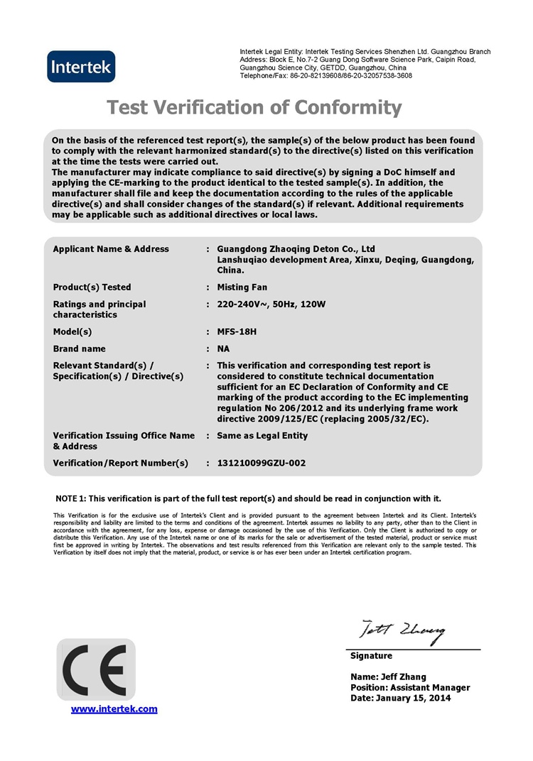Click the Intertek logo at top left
tap(80, 67)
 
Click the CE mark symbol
tap(95, 669)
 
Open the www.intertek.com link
tap(114, 708)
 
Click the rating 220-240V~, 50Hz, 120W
tap(271, 305)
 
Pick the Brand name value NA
tap(224, 349)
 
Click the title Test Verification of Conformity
tap(254, 108)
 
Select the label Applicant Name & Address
tap(111, 249)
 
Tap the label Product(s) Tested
tap(92, 288)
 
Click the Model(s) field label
tap(72, 332)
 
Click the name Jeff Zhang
tap(402, 677)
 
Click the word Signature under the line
tap(371, 655)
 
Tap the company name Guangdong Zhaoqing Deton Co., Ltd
tap(296, 249)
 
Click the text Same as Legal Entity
tap(262, 435)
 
